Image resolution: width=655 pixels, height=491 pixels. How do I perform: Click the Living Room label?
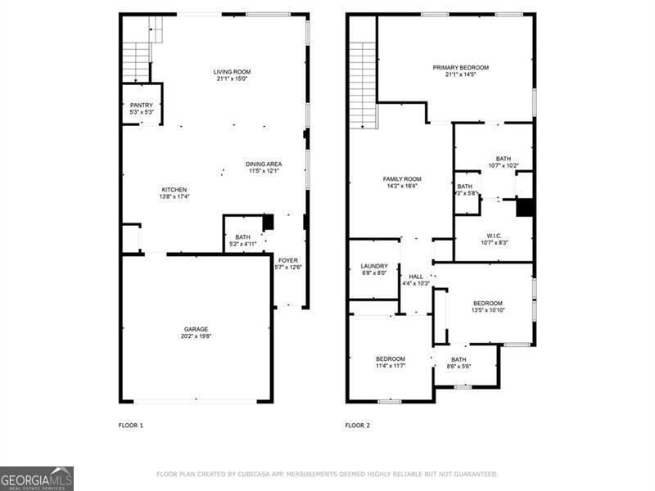click(233, 72)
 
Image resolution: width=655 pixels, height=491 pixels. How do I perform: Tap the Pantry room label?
click(142, 106)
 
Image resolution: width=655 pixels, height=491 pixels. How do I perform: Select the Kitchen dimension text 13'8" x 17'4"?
click(174, 196)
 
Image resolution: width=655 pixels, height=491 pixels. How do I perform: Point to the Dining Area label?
click(264, 164)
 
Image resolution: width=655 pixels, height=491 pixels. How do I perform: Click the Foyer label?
click(287, 259)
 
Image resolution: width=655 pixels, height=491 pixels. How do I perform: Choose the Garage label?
click(196, 329)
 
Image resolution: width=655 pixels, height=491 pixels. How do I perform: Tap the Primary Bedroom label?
click(461, 67)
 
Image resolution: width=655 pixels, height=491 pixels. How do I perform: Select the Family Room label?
click(401, 179)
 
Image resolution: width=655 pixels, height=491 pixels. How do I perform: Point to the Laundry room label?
click(373, 266)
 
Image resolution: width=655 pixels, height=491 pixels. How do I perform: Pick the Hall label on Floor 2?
click(416, 277)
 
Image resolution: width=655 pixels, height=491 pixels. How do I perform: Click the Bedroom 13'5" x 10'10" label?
click(488, 303)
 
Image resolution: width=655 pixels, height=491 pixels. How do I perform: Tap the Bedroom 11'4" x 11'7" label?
click(391, 358)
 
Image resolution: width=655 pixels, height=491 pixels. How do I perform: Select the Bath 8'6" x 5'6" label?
click(458, 359)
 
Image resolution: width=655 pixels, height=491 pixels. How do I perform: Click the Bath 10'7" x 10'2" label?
click(503, 159)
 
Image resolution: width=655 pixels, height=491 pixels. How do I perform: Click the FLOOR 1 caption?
click(131, 426)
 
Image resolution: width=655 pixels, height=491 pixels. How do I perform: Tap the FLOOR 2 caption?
click(357, 426)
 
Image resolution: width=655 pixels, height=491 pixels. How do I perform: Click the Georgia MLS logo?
click(37, 478)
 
